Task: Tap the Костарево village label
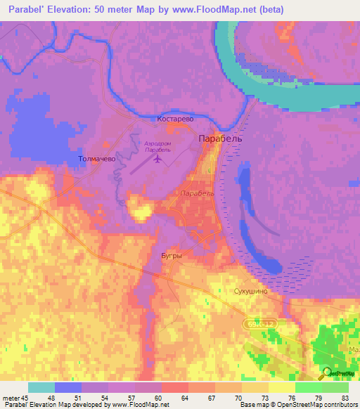click(175, 119)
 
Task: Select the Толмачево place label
click(96, 160)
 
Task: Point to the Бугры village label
click(172, 256)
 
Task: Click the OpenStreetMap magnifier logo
click(326, 374)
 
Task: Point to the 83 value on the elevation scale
click(345, 398)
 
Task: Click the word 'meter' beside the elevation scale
click(11, 398)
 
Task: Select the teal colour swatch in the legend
click(41, 387)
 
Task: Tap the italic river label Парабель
click(195, 192)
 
